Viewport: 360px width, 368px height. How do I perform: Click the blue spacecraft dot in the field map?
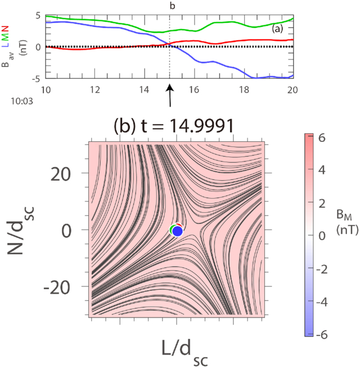pyautogui.click(x=177, y=231)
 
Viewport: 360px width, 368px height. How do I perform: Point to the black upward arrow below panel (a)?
pyautogui.click(x=170, y=96)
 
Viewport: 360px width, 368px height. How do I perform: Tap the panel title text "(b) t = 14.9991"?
pyautogui.click(x=174, y=126)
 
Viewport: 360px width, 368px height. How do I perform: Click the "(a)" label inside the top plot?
pyautogui.click(x=277, y=29)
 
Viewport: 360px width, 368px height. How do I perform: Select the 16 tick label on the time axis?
pyautogui.click(x=194, y=89)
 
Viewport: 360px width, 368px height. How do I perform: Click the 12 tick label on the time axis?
pyautogui.click(x=95, y=89)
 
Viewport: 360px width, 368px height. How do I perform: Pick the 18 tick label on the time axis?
pyautogui.click(x=244, y=89)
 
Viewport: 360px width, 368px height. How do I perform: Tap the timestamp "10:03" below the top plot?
pyautogui.click(x=22, y=101)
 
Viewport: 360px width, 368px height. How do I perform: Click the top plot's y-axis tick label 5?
pyautogui.click(x=38, y=16)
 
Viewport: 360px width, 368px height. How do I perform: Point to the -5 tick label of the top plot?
pyautogui.click(x=36, y=79)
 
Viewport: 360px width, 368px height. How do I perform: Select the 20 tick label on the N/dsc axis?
pyautogui.click(x=61, y=174)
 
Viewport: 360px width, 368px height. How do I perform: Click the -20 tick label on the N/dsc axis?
pyautogui.click(x=57, y=288)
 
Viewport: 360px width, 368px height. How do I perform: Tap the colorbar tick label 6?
pyautogui.click(x=322, y=138)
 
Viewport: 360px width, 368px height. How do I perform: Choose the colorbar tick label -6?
pyautogui.click(x=322, y=335)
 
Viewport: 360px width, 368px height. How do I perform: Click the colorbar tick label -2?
pyautogui.click(x=322, y=269)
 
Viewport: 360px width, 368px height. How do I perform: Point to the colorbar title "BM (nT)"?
pyautogui.click(x=347, y=222)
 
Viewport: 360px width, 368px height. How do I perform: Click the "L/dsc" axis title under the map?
pyautogui.click(x=184, y=353)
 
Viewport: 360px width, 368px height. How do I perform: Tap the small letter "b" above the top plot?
pyautogui.click(x=172, y=6)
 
